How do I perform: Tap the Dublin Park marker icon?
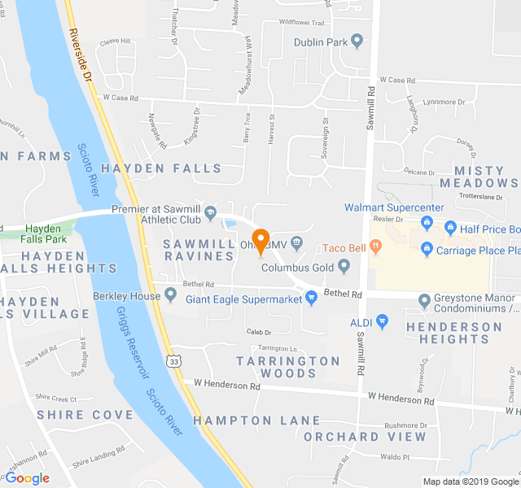point(357,41)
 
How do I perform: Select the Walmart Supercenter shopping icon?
point(426,220)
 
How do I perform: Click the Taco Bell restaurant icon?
point(375,245)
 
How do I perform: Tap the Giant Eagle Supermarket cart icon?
point(311,298)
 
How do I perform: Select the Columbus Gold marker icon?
point(344,265)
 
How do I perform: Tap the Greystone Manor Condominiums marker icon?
point(424,301)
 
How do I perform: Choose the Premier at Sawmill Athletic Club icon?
point(210,214)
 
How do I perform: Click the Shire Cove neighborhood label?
point(85,415)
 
